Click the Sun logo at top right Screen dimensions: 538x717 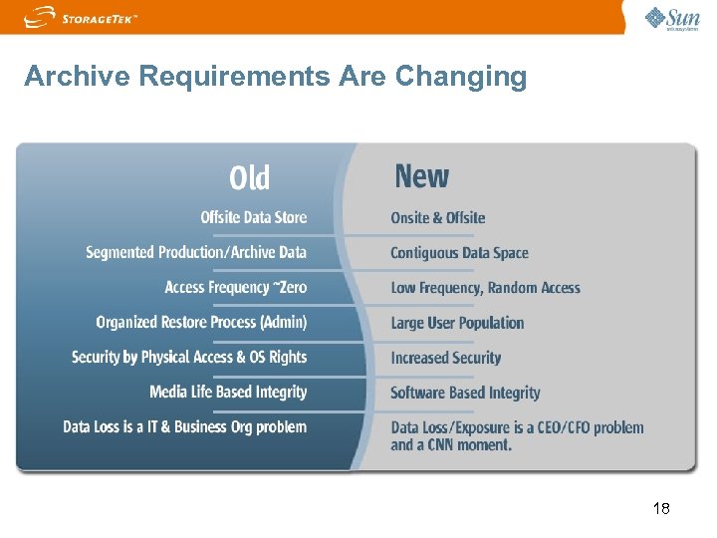[x=672, y=18]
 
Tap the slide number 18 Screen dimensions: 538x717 [x=660, y=509]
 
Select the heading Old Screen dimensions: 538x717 [x=249, y=178]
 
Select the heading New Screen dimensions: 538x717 [x=421, y=177]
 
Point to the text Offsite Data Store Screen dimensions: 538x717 [x=253, y=218]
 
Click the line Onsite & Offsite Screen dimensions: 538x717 [x=437, y=218]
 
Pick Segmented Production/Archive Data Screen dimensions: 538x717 [x=196, y=253]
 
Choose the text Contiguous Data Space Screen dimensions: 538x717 [x=459, y=253]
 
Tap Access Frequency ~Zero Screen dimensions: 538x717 [x=235, y=288]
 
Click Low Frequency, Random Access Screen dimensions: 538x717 [x=485, y=288]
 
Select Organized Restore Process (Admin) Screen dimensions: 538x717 [x=201, y=323]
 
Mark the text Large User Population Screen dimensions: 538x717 [x=457, y=323]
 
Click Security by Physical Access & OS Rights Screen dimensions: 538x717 [x=189, y=358]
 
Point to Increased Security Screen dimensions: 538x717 [x=445, y=358]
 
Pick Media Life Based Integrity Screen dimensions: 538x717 [x=228, y=393]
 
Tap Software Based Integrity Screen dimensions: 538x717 [x=465, y=393]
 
